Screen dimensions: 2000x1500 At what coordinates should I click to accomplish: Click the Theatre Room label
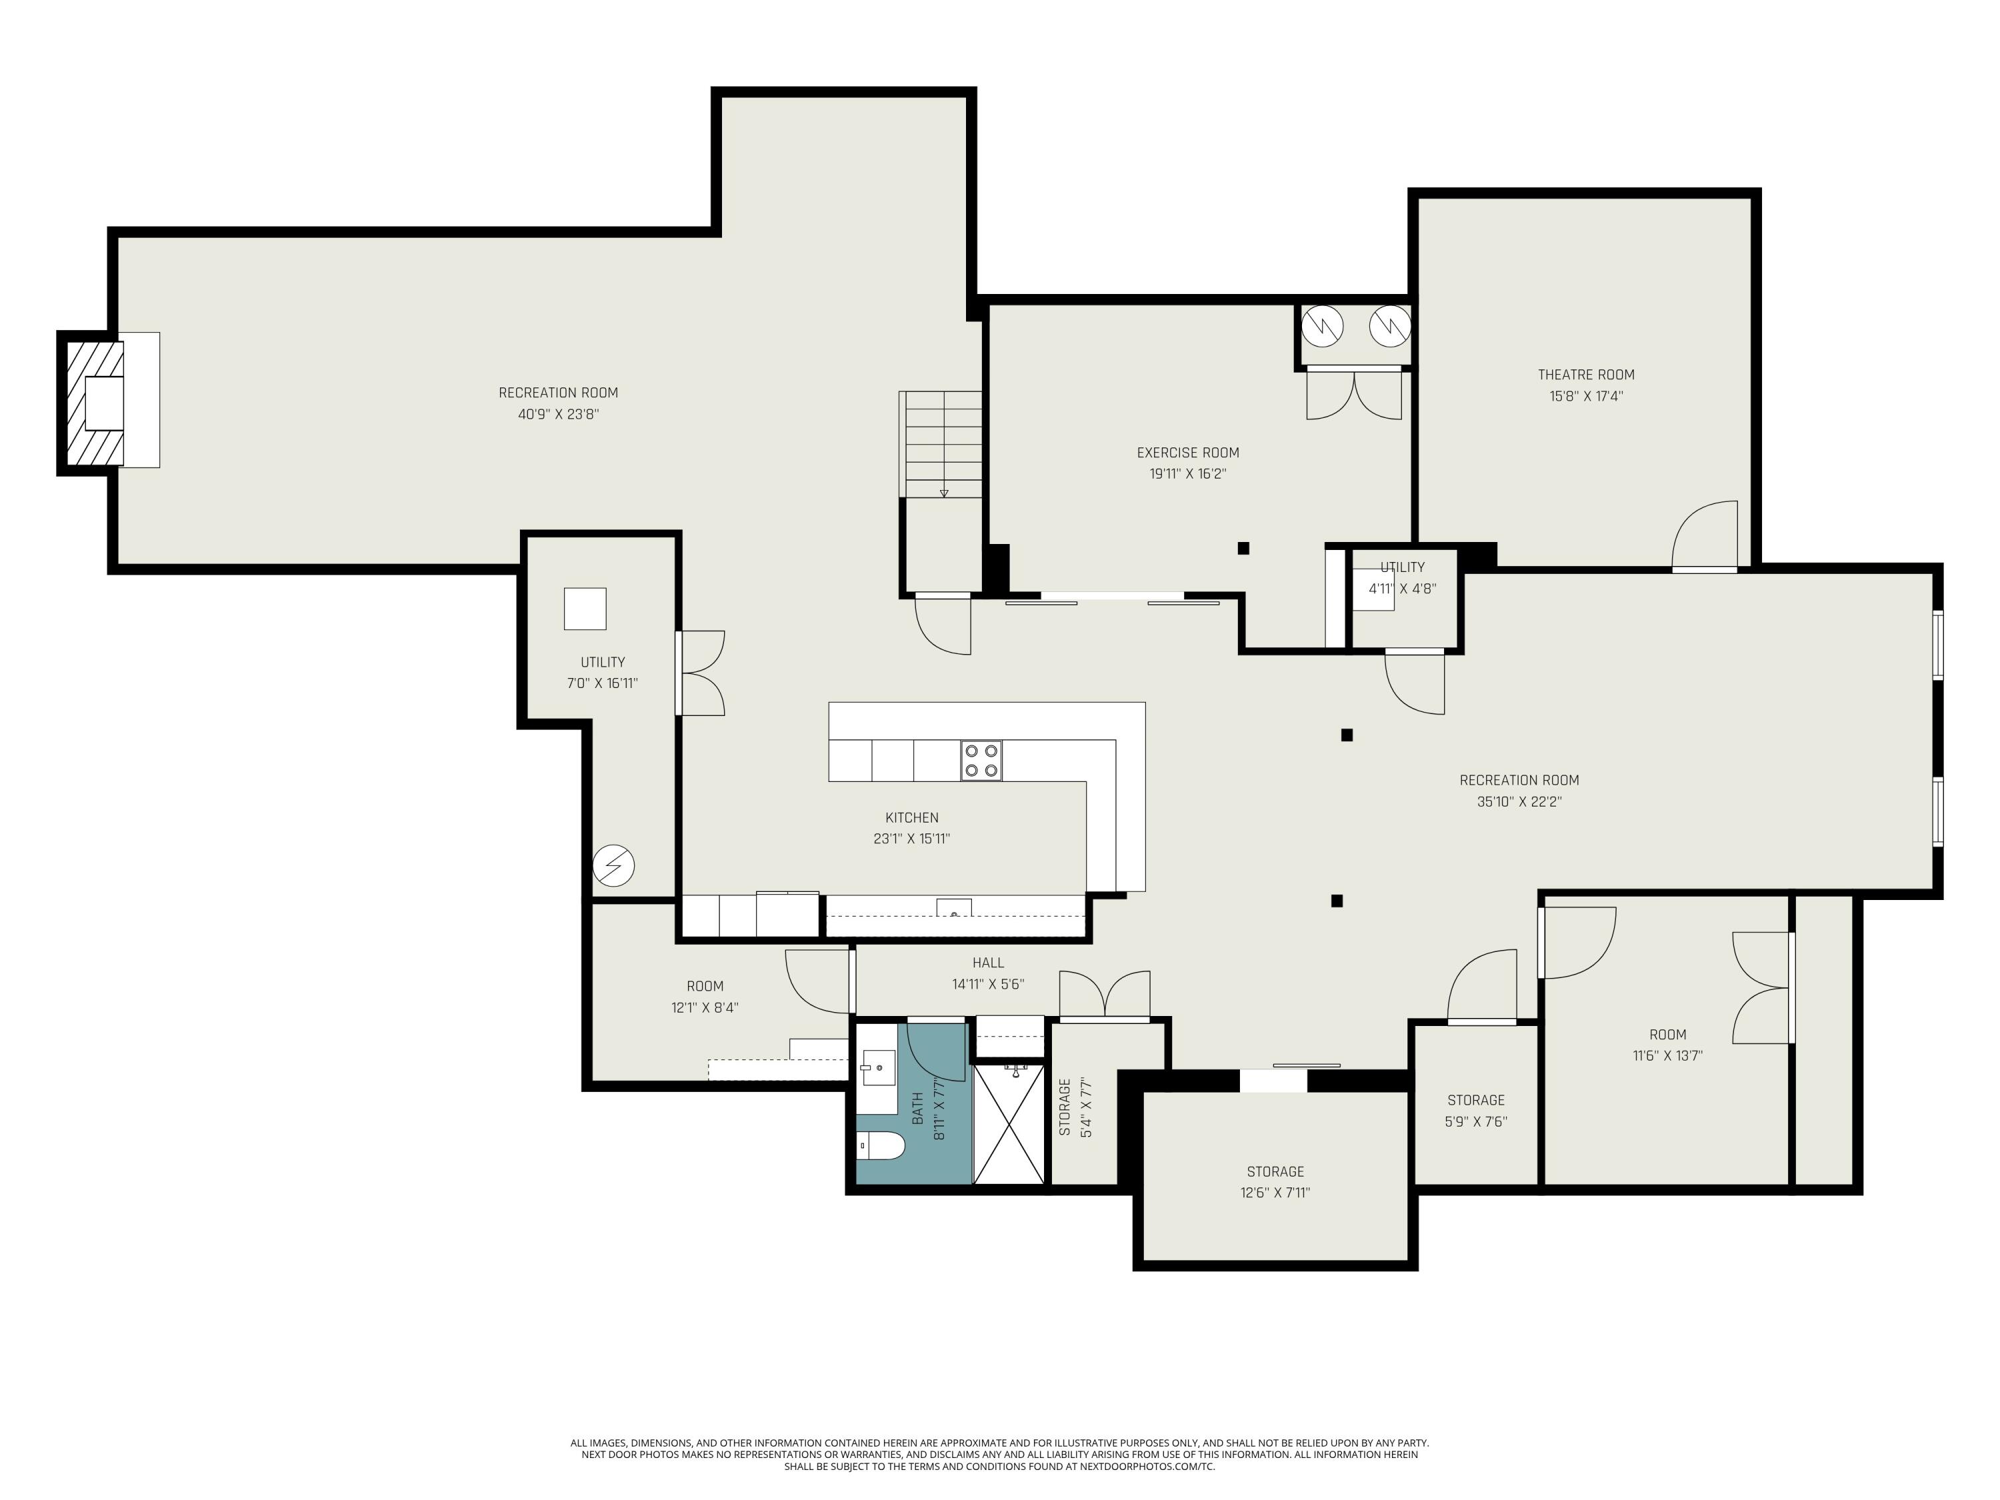[1586, 374]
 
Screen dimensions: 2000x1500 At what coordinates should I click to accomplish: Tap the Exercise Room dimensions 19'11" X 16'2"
[1187, 474]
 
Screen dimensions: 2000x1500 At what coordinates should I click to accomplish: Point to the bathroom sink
[878, 1068]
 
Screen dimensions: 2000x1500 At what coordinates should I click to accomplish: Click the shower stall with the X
[1009, 1124]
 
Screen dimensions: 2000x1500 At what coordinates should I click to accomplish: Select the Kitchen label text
[911, 817]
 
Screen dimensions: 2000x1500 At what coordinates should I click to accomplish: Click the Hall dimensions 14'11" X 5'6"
[987, 984]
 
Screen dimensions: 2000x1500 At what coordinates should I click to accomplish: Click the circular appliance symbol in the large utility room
[614, 866]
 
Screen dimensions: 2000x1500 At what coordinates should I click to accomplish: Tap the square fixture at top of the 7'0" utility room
[585, 609]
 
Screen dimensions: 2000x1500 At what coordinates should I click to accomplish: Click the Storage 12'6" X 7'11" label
[1275, 1182]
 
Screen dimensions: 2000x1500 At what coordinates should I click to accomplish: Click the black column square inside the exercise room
[1243, 548]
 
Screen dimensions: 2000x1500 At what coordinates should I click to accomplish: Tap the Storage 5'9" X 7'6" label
[1475, 1110]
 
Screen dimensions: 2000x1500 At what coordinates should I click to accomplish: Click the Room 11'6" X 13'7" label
[1667, 1044]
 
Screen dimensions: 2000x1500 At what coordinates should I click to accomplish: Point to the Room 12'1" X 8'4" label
[705, 997]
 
